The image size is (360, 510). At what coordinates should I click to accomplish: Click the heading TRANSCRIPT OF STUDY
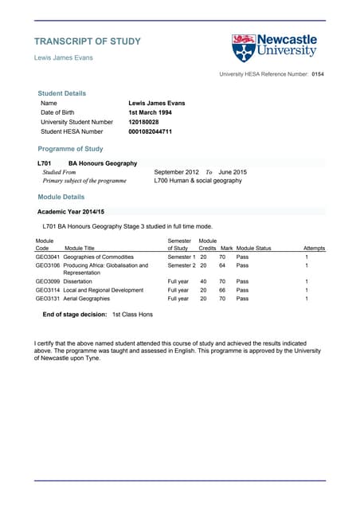click(x=88, y=41)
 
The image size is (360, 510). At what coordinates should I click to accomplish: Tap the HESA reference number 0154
click(x=318, y=74)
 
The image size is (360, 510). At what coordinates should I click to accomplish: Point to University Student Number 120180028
click(x=143, y=122)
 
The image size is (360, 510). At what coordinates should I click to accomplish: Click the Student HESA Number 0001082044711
click(x=150, y=131)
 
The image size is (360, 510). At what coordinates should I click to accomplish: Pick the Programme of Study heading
click(x=70, y=149)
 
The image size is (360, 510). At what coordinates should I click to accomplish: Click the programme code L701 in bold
click(x=45, y=163)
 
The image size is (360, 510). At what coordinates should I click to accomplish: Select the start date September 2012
click(x=176, y=172)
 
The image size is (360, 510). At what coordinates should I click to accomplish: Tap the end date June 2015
click(x=233, y=172)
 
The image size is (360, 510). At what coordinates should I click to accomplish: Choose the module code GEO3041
click(x=48, y=257)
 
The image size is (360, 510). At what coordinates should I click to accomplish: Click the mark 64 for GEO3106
click(x=223, y=265)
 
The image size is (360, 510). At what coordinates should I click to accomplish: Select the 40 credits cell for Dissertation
click(x=203, y=281)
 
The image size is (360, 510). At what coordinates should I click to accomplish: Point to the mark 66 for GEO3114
click(x=223, y=290)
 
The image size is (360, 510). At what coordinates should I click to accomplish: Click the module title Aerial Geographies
click(x=87, y=299)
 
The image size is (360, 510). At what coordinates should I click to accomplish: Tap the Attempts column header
click(x=314, y=249)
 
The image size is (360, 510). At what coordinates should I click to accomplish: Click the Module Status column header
click(x=254, y=249)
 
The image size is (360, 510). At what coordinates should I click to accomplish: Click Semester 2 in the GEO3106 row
click(x=181, y=265)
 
